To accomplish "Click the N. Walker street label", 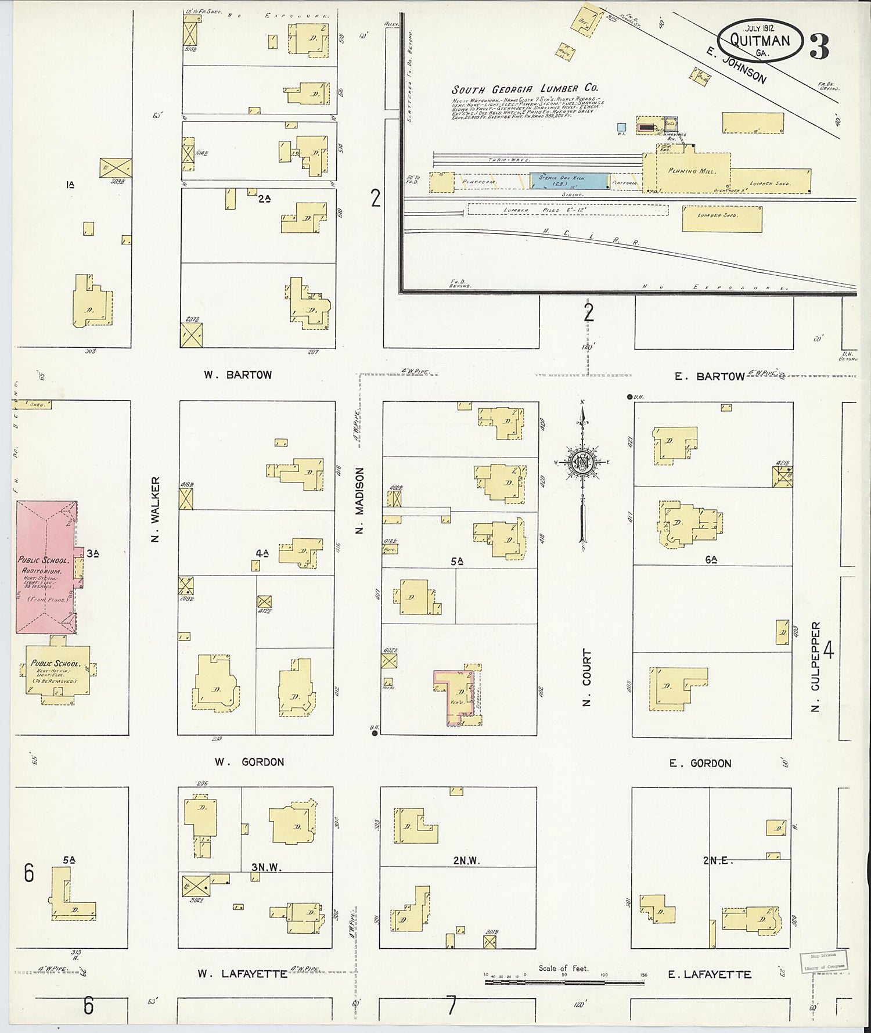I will click(x=155, y=509).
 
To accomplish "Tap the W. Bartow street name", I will click(x=237, y=375).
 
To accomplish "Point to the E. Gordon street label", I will click(x=700, y=764).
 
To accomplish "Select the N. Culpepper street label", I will click(x=816, y=667).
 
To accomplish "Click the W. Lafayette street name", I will click(x=242, y=974).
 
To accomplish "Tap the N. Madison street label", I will click(x=359, y=501).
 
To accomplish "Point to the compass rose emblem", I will click(x=581, y=463).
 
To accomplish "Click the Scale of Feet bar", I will click(x=564, y=982).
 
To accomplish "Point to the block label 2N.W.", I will click(x=467, y=861).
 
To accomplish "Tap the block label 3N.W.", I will click(x=266, y=868).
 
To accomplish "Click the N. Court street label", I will click(x=586, y=678).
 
